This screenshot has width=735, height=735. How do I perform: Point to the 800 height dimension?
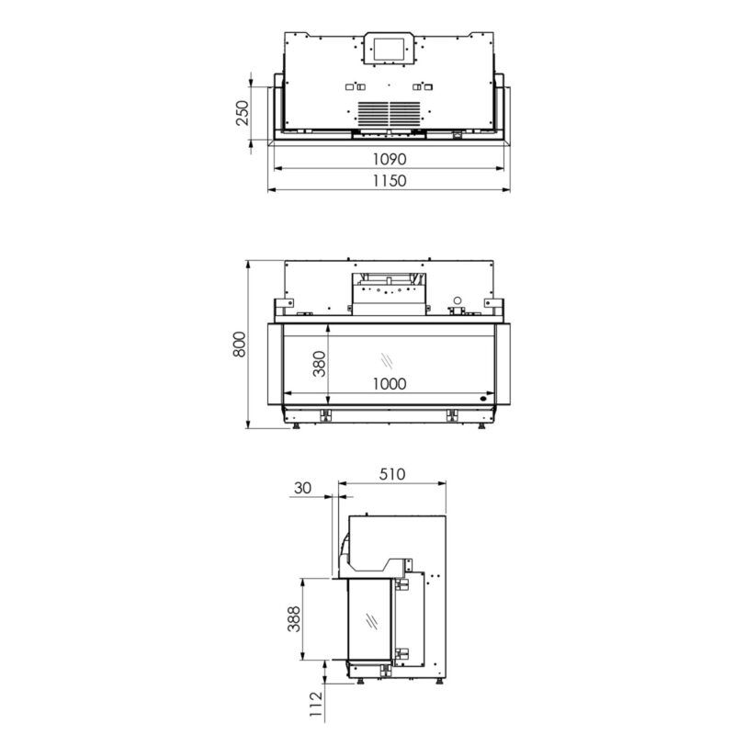point(240,344)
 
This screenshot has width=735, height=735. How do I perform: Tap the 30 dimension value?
point(301,488)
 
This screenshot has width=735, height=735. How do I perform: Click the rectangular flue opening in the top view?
point(390,49)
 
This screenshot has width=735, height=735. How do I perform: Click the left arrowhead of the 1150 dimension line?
point(270,191)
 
